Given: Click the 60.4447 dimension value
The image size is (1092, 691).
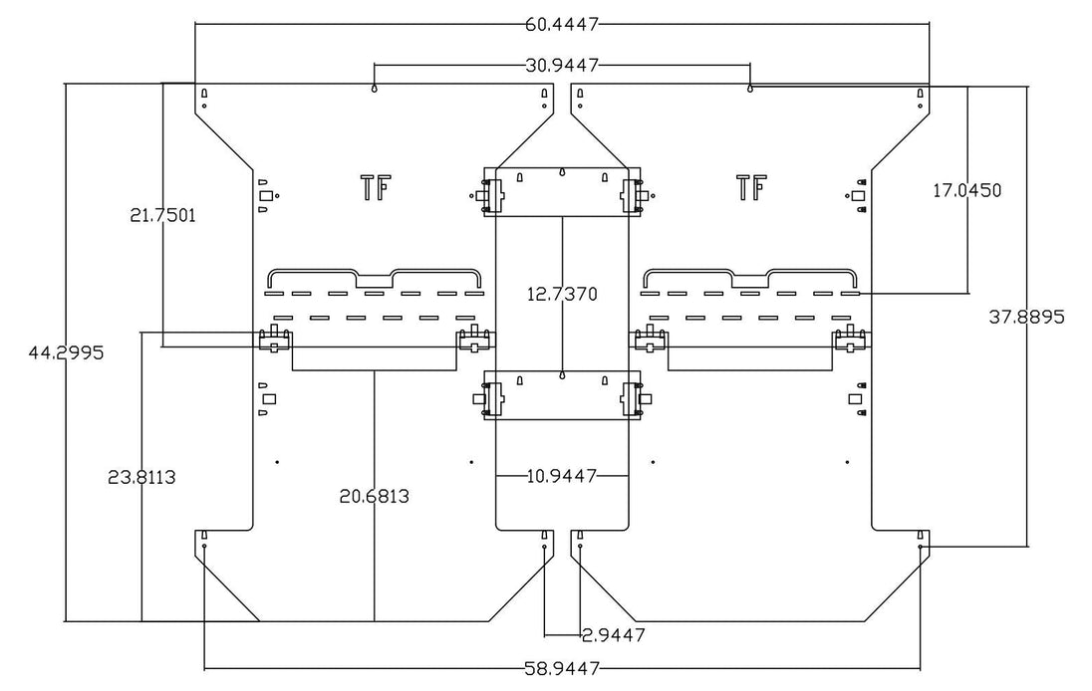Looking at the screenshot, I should (x=562, y=23).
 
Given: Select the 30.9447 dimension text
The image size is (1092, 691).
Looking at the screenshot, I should (x=562, y=66).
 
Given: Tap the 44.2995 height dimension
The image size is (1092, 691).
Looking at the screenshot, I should (x=67, y=352).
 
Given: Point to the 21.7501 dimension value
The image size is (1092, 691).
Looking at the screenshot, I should (x=162, y=214).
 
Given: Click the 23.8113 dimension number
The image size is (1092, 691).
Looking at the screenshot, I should (x=141, y=477).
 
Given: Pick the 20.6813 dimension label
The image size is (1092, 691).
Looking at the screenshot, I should (x=374, y=495).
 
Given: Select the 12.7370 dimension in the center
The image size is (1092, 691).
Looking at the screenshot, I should (x=562, y=295).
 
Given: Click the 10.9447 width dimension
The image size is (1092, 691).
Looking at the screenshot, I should (x=562, y=476).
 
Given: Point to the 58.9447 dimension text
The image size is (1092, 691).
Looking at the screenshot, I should (x=562, y=668).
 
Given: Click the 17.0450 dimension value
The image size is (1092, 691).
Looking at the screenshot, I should (x=966, y=189).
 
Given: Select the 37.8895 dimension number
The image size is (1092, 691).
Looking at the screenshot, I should (x=1026, y=318).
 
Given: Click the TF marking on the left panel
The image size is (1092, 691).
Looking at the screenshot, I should (x=375, y=186).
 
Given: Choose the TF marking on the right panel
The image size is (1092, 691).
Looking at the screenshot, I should (x=751, y=186).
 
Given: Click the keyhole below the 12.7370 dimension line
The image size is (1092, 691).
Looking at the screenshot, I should (x=563, y=376).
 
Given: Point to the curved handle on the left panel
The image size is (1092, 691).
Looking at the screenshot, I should (x=375, y=276).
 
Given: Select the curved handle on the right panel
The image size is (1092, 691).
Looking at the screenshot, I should (x=750, y=276).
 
